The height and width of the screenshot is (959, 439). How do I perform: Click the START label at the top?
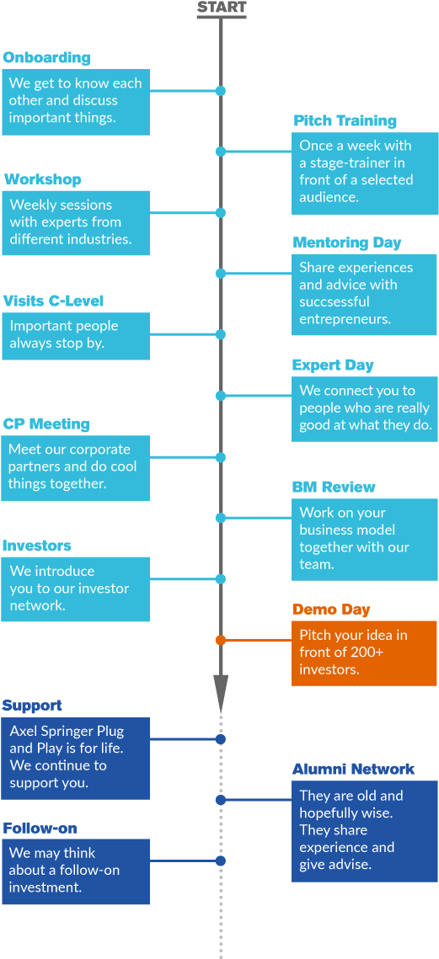[221, 8]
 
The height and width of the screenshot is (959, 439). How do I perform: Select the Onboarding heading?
[46, 58]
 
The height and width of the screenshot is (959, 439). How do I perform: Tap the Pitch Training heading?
[345, 121]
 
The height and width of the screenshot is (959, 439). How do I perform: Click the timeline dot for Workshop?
[221, 213]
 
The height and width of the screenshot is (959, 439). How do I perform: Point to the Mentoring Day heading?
[347, 242]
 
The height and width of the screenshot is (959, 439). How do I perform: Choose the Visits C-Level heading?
[53, 301]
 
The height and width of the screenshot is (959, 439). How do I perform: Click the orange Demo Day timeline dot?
[221, 641]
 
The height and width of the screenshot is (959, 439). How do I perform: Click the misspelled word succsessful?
[334, 302]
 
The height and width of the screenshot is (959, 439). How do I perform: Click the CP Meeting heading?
[46, 424]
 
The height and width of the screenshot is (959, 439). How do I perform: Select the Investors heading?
[37, 546]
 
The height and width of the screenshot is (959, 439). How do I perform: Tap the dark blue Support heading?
[32, 706]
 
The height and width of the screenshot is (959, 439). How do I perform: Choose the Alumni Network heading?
[353, 770]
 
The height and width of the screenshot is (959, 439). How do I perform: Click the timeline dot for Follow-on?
[221, 860]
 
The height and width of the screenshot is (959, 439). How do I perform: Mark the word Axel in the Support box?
[23, 731]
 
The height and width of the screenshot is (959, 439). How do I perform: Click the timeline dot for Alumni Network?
[221, 799]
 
